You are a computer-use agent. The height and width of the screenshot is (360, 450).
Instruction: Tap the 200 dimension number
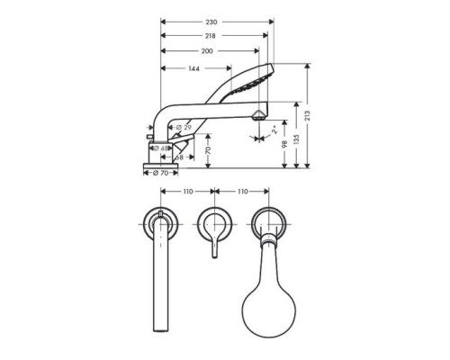[x=208, y=50]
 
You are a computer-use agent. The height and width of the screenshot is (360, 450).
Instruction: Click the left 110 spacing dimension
[x=186, y=192]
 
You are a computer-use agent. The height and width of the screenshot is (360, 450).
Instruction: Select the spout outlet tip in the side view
[x=260, y=114]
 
